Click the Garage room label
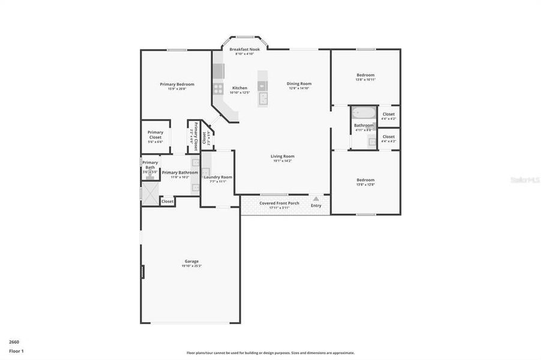[192, 261]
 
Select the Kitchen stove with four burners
[217, 89]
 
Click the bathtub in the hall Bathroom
[363, 112]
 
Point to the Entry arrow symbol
[316, 198]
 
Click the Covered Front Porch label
[279, 203]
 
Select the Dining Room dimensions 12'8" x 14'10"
[298, 88]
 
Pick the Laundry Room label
[218, 177]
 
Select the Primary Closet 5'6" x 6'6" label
[155, 137]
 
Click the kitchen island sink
[262, 97]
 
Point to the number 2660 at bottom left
[14, 341]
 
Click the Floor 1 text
[16, 351]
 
